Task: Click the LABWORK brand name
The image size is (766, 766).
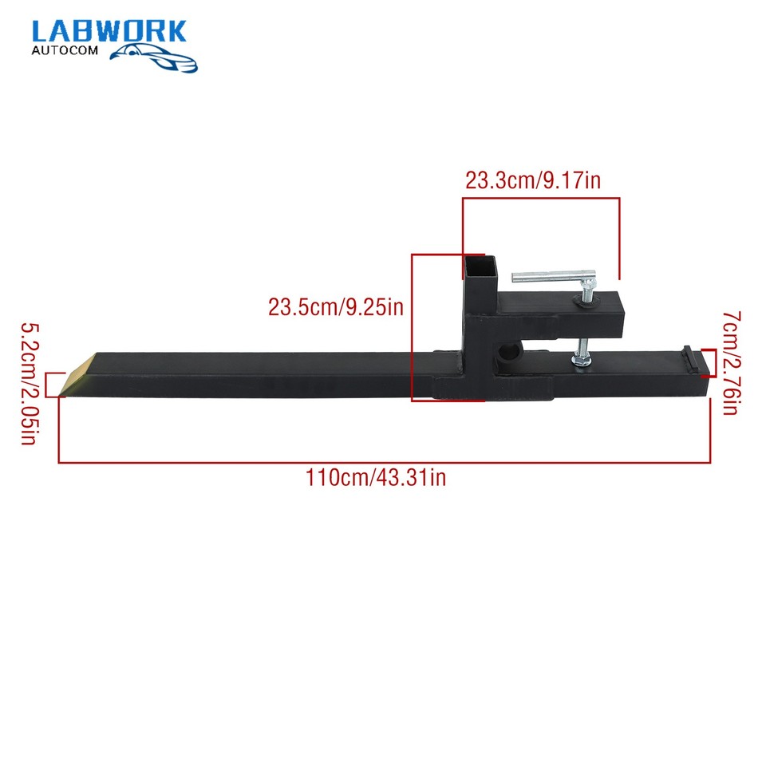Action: pos(109,32)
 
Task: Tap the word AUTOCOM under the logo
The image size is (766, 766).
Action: pos(65,50)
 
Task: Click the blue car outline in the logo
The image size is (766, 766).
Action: pos(153,57)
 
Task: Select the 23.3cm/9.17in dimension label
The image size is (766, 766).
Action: pos(532,180)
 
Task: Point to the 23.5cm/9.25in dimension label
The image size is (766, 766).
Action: pos(336,307)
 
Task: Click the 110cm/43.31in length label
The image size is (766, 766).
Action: pos(376,477)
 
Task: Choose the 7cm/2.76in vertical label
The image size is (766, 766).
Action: pos(732,362)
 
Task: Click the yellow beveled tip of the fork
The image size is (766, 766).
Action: pos(77,375)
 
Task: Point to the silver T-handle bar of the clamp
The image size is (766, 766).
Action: pos(553,277)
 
